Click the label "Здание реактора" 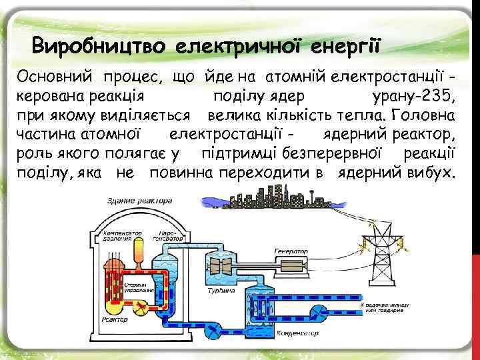pos(140,200)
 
